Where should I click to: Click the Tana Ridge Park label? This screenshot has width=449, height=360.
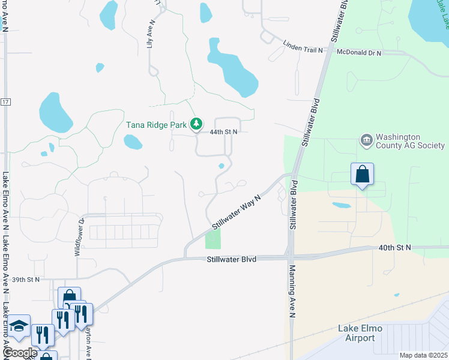[157, 125]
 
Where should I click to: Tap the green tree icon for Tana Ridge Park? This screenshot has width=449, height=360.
[196, 124]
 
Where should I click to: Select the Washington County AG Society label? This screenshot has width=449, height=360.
[411, 141]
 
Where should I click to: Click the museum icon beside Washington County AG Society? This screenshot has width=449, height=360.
[366, 141]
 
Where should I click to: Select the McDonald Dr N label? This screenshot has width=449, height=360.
[359, 53]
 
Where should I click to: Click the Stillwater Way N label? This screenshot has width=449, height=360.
[237, 211]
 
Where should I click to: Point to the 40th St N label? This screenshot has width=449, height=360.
[395, 247]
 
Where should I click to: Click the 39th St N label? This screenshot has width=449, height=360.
[25, 280]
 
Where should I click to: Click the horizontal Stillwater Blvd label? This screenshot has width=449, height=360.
[232, 259]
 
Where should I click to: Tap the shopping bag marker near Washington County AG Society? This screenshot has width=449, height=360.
[362, 175]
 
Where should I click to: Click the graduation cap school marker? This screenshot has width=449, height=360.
[19, 326]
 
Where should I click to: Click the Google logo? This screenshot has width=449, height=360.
[19, 353]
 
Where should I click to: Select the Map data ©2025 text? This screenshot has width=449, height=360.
[423, 355]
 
